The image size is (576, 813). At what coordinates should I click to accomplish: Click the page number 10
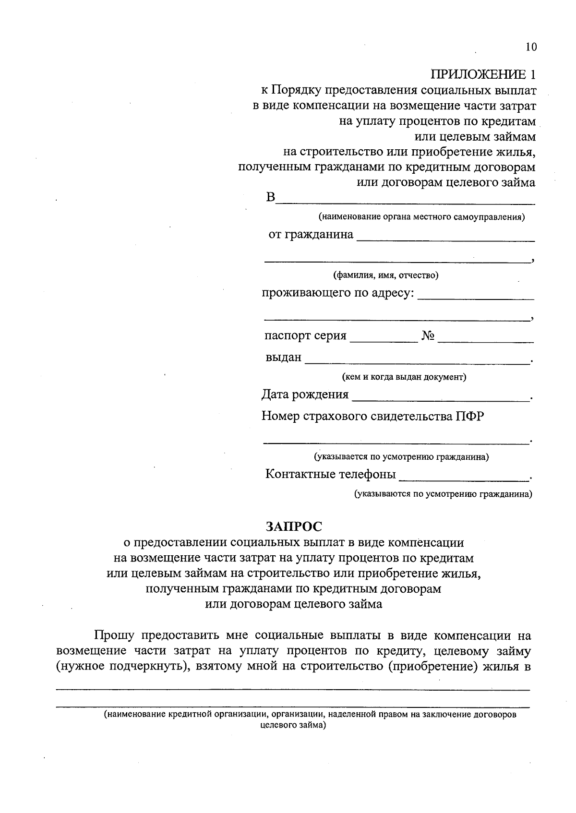(531, 47)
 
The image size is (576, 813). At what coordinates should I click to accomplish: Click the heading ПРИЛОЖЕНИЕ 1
(482, 74)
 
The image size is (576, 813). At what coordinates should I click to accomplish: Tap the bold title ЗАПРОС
(294, 526)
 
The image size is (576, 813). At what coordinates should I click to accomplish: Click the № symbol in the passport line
(428, 336)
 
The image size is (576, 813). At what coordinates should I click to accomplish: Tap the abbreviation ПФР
(470, 416)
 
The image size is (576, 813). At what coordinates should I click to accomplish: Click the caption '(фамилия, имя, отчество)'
(386, 275)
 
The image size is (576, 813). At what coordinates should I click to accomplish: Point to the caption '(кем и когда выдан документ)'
(404, 377)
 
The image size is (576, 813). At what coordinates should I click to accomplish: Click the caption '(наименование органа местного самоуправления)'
(421, 217)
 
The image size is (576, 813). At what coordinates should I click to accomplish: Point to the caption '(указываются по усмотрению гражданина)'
(443, 494)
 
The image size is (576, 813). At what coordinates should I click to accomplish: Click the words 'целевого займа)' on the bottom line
(293, 725)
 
